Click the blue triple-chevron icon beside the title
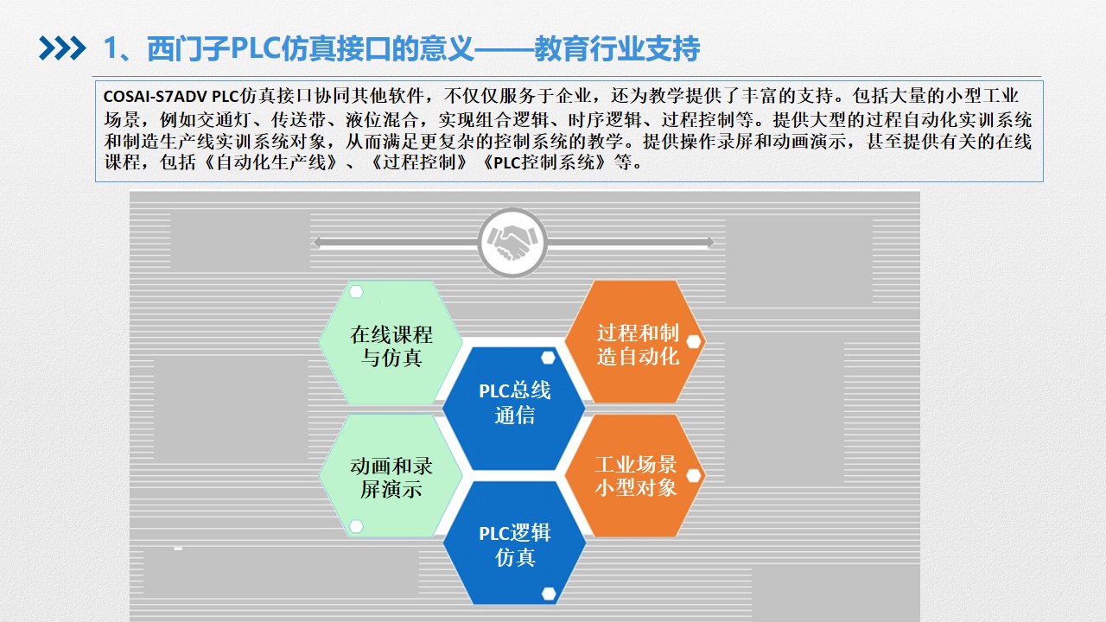[62, 48]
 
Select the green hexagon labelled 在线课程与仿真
[391, 343]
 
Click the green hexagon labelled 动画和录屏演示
[391, 475]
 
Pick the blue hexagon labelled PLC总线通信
[514, 409]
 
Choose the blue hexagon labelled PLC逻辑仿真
[514, 543]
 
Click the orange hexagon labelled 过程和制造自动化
[635, 341]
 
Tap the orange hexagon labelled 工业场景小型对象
[635, 475]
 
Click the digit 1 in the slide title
[111, 49]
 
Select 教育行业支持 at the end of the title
[617, 48]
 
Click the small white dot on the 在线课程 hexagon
[356, 292]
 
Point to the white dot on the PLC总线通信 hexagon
[548, 358]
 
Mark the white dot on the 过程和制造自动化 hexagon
[694, 341]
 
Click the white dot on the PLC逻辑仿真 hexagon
[549, 593]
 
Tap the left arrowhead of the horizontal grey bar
[317, 243]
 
